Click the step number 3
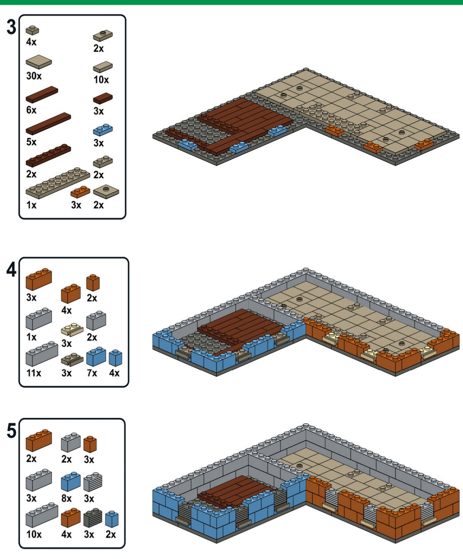pyautogui.click(x=11, y=27)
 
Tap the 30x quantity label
pyautogui.click(x=34, y=76)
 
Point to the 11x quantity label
pyautogui.click(x=34, y=373)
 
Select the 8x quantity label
pyautogui.click(x=66, y=498)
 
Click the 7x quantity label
pyautogui.click(x=92, y=373)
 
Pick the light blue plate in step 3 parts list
pyautogui.click(x=103, y=129)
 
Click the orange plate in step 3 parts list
pyautogui.click(x=81, y=192)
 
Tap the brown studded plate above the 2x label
pyautogui.click(x=48, y=155)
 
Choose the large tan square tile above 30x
pyautogui.click(x=39, y=62)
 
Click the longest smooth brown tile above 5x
pyautogui.click(x=48, y=124)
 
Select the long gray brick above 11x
pyautogui.click(x=42, y=354)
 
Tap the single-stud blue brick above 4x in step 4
pyautogui.click(x=116, y=357)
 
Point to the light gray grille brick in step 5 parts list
pyautogui.click(x=93, y=481)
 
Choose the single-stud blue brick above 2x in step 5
pyautogui.click(x=112, y=519)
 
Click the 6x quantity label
pyautogui.click(x=31, y=110)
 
